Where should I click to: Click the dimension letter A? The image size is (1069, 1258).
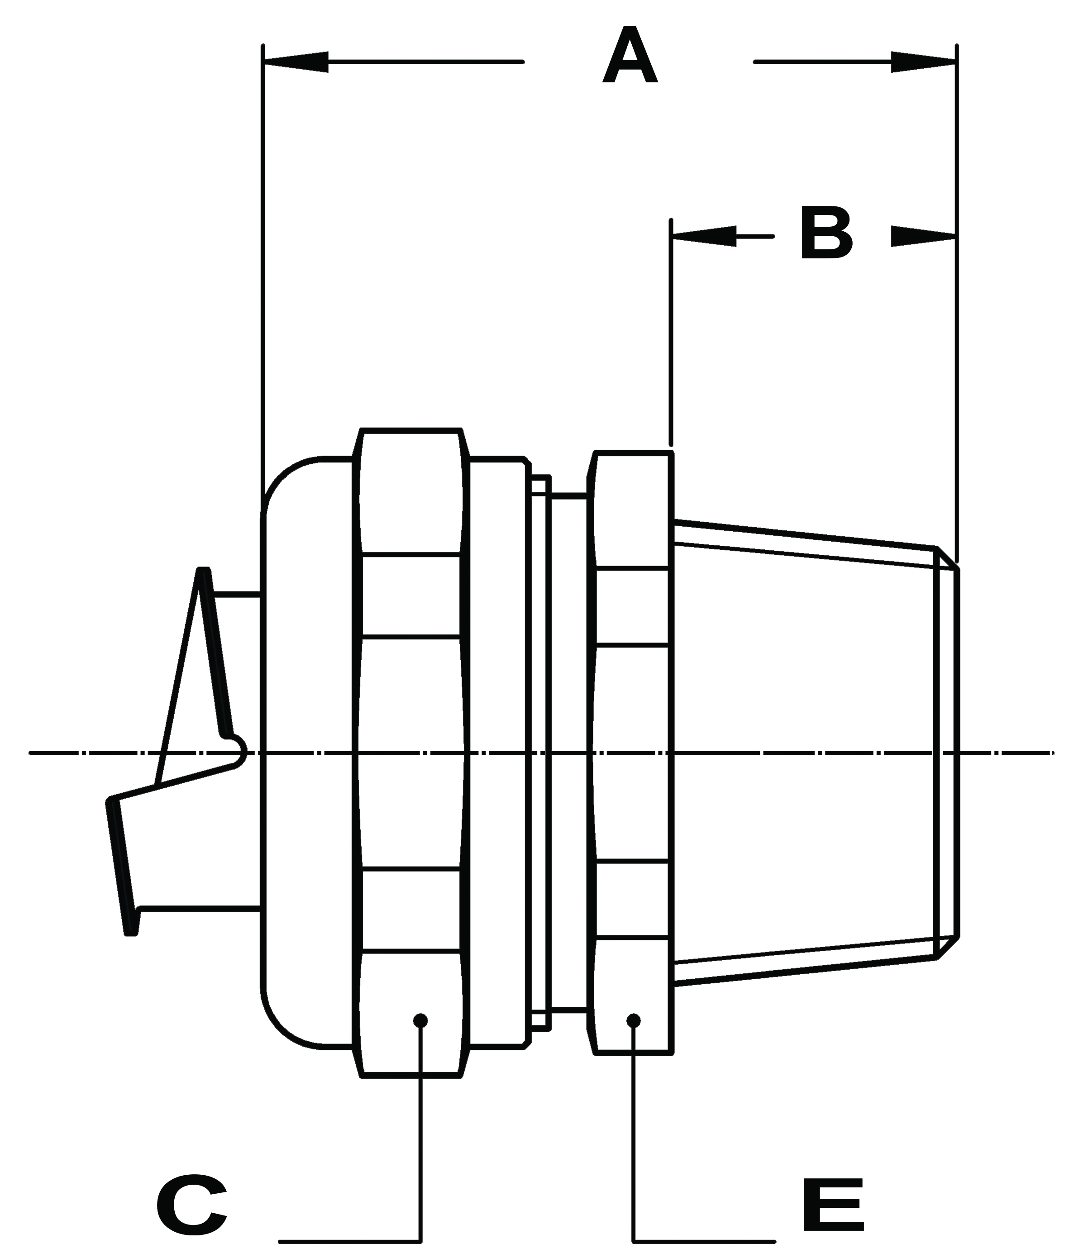[630, 56]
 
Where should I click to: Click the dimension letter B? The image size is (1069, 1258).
[826, 233]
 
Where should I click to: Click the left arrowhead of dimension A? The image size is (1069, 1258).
[297, 62]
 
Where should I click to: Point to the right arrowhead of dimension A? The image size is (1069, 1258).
[922, 62]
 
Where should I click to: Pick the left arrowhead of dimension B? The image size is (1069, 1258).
[704, 236]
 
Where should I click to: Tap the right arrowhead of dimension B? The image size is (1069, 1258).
[922, 236]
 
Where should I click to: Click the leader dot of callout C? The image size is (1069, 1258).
[420, 1021]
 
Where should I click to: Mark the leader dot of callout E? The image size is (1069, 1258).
[633, 1021]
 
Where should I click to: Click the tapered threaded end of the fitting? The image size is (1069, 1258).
[806, 752]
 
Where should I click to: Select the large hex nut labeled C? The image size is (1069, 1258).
[411, 752]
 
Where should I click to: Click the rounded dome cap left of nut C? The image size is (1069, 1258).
[306, 752]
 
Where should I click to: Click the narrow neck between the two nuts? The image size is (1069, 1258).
[568, 752]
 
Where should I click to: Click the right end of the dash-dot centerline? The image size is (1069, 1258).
[1048, 753]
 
